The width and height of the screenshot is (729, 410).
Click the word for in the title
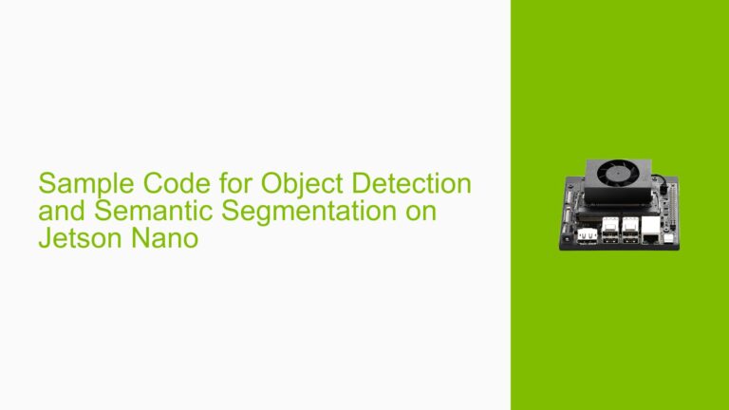222,180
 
